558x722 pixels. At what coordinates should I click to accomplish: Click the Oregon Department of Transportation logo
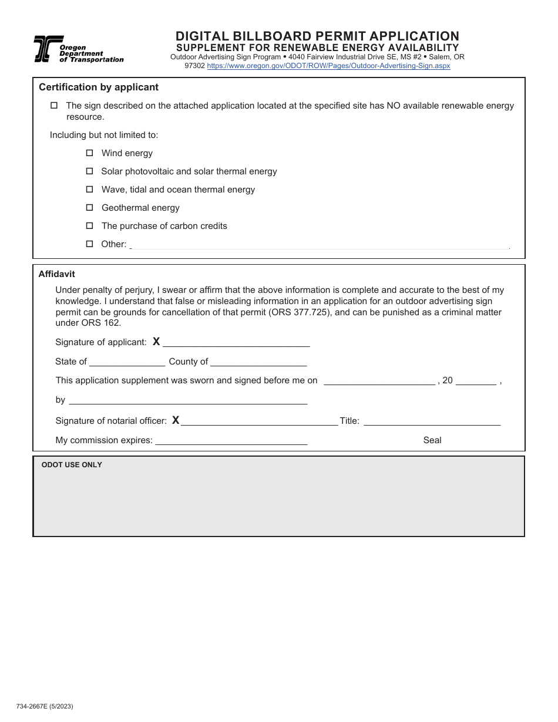pyautogui.click(x=78, y=49)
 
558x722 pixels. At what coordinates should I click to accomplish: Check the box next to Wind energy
pyautogui.click(x=90, y=153)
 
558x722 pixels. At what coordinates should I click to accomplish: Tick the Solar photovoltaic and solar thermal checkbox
pyautogui.click(x=90, y=171)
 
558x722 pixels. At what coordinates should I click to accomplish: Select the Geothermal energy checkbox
pyautogui.click(x=90, y=207)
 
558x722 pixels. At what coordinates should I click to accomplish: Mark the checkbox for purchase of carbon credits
pyautogui.click(x=90, y=225)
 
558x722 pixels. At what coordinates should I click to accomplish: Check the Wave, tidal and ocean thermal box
pyautogui.click(x=90, y=189)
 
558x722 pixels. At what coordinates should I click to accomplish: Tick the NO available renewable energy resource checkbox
pyautogui.click(x=54, y=106)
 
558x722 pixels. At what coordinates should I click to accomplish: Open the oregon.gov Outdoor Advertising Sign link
pyautogui.click(x=328, y=66)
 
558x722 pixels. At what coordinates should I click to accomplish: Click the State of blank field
pyautogui.click(x=127, y=363)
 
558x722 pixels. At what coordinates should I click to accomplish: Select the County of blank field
pyautogui.click(x=258, y=363)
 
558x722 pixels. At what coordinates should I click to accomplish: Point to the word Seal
pyautogui.click(x=432, y=440)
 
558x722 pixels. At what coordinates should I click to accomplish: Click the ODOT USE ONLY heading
pyautogui.click(x=72, y=465)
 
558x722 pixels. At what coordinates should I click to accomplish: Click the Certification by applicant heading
pyautogui.click(x=99, y=87)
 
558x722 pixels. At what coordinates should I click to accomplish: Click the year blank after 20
pyautogui.click(x=476, y=382)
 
